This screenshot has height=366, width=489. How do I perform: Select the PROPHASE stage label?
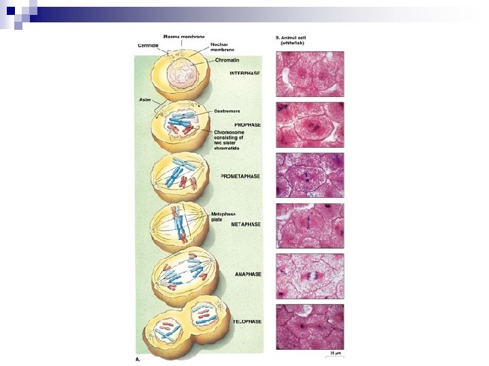coord(248,125)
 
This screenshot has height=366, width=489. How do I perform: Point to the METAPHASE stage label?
coord(245,224)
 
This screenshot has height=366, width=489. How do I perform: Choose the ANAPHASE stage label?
coord(247,274)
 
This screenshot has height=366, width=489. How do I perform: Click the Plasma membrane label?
coord(181,36)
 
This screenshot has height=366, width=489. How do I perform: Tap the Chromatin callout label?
coord(226,60)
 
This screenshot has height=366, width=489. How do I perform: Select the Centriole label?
coord(148,45)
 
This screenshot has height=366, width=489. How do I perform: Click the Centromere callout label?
coord(227,110)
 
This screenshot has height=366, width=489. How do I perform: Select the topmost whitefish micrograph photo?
coord(310,74)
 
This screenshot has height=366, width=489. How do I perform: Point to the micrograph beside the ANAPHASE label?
coord(310,276)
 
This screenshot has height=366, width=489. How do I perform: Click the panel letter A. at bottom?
coord(138,359)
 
